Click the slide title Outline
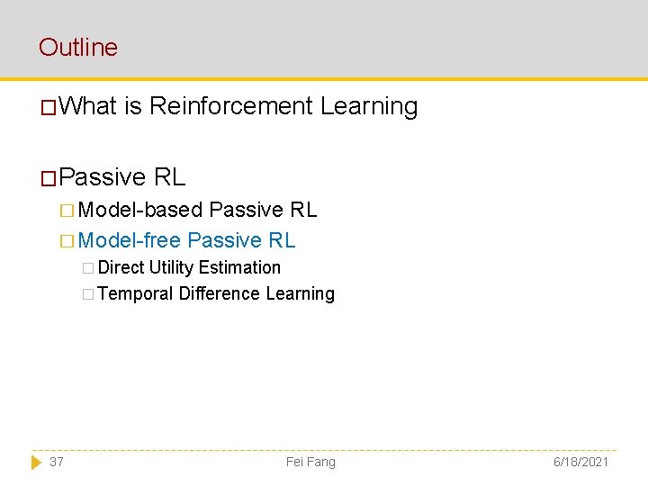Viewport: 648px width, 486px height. pyautogui.click(x=78, y=47)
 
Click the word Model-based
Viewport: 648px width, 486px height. pyautogui.click(x=140, y=210)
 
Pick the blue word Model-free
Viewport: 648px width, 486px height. pyautogui.click(x=130, y=240)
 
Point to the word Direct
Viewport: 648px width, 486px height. pyautogui.click(x=121, y=267)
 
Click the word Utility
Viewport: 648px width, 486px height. pyautogui.click(x=171, y=267)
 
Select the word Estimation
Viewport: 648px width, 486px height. pyautogui.click(x=239, y=267)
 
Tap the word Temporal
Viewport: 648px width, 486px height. pyautogui.click(x=135, y=293)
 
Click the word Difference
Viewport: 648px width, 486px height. pyautogui.click(x=219, y=293)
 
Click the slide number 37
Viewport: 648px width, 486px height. pyautogui.click(x=57, y=462)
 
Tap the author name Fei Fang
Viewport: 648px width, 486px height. pyautogui.click(x=310, y=462)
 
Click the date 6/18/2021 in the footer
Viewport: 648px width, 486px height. pyautogui.click(x=581, y=462)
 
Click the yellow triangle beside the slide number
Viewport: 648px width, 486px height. pyautogui.click(x=36, y=462)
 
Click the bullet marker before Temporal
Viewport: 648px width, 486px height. pyautogui.click(x=87, y=294)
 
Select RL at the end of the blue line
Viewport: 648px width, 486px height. pyautogui.click(x=282, y=240)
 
